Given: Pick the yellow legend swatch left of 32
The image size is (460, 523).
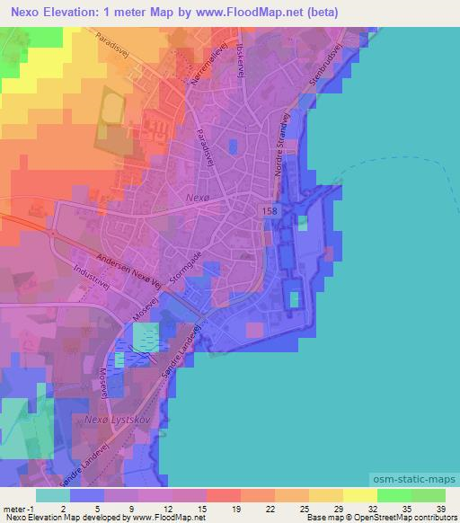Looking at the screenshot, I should point(359,495).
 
